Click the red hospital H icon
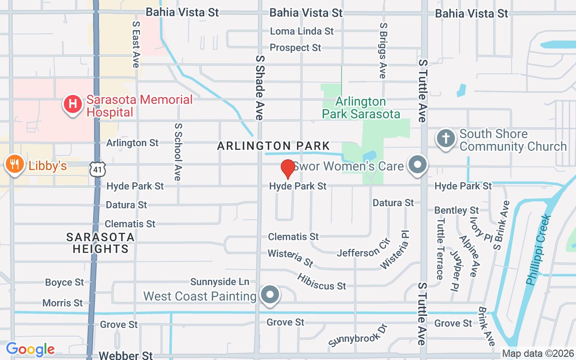[x=72, y=105]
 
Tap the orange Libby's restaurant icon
[x=14, y=165]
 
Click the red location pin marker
[x=288, y=169]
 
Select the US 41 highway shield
[x=98, y=169]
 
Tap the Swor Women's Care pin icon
[x=418, y=165]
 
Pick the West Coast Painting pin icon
[x=270, y=295]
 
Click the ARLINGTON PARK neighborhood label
[x=274, y=146]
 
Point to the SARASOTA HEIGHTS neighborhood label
[x=100, y=243]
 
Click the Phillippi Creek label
[x=539, y=250]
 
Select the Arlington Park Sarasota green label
[x=361, y=108]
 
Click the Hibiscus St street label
[x=321, y=281]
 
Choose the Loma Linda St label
[x=301, y=31]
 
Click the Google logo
[x=30, y=349]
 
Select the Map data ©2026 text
[x=538, y=354]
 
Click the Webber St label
[x=126, y=355]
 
